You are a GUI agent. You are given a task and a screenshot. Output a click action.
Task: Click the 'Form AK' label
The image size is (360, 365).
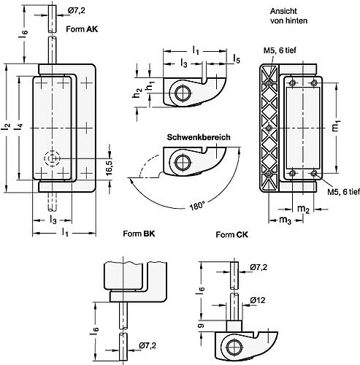click(82, 29)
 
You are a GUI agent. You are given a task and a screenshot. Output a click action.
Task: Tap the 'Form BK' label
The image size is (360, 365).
click(139, 234)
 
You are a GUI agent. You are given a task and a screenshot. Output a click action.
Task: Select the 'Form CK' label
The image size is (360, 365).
click(232, 235)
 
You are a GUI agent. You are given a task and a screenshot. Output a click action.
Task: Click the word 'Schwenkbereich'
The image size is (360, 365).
click(199, 137)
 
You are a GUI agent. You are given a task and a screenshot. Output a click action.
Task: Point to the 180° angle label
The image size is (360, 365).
click(196, 207)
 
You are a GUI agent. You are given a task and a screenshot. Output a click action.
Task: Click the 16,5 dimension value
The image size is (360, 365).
click(109, 168)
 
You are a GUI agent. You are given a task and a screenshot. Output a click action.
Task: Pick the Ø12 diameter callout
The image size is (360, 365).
click(258, 300)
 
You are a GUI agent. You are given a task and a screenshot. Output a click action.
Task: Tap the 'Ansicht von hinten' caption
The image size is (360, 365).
click(288, 16)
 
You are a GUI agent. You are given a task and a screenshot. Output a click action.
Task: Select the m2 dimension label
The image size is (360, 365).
click(303, 209)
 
